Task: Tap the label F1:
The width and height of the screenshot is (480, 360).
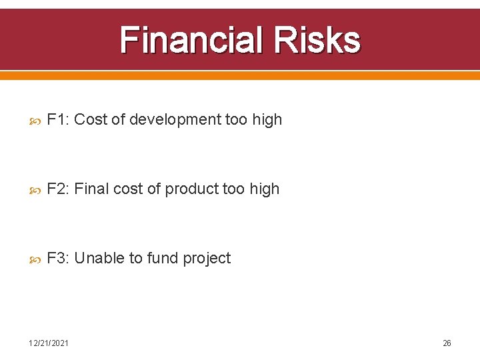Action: click(x=59, y=120)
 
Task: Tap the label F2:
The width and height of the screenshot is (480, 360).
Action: click(x=59, y=189)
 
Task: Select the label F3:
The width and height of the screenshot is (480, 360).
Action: click(x=59, y=259)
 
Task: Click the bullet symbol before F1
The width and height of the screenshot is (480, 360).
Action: click(x=35, y=121)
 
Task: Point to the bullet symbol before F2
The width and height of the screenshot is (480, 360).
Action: click(x=35, y=190)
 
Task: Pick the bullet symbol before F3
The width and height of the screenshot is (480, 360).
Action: click(x=35, y=259)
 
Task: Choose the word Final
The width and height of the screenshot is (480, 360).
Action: click(x=91, y=189)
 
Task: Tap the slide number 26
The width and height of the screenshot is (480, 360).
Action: click(x=447, y=343)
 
